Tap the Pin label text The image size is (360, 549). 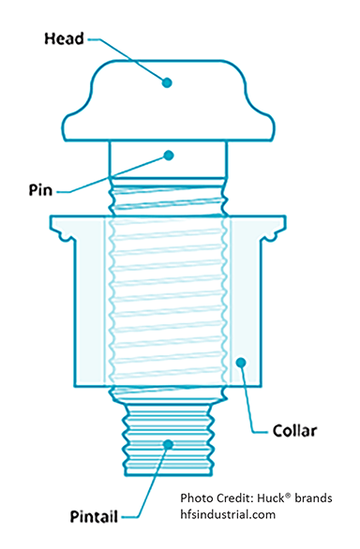pyautogui.click(x=40, y=188)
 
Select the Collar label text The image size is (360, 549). pyautogui.click(x=295, y=432)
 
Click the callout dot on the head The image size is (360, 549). pyautogui.click(x=168, y=82)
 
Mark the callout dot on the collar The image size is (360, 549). pyautogui.click(x=243, y=362)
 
